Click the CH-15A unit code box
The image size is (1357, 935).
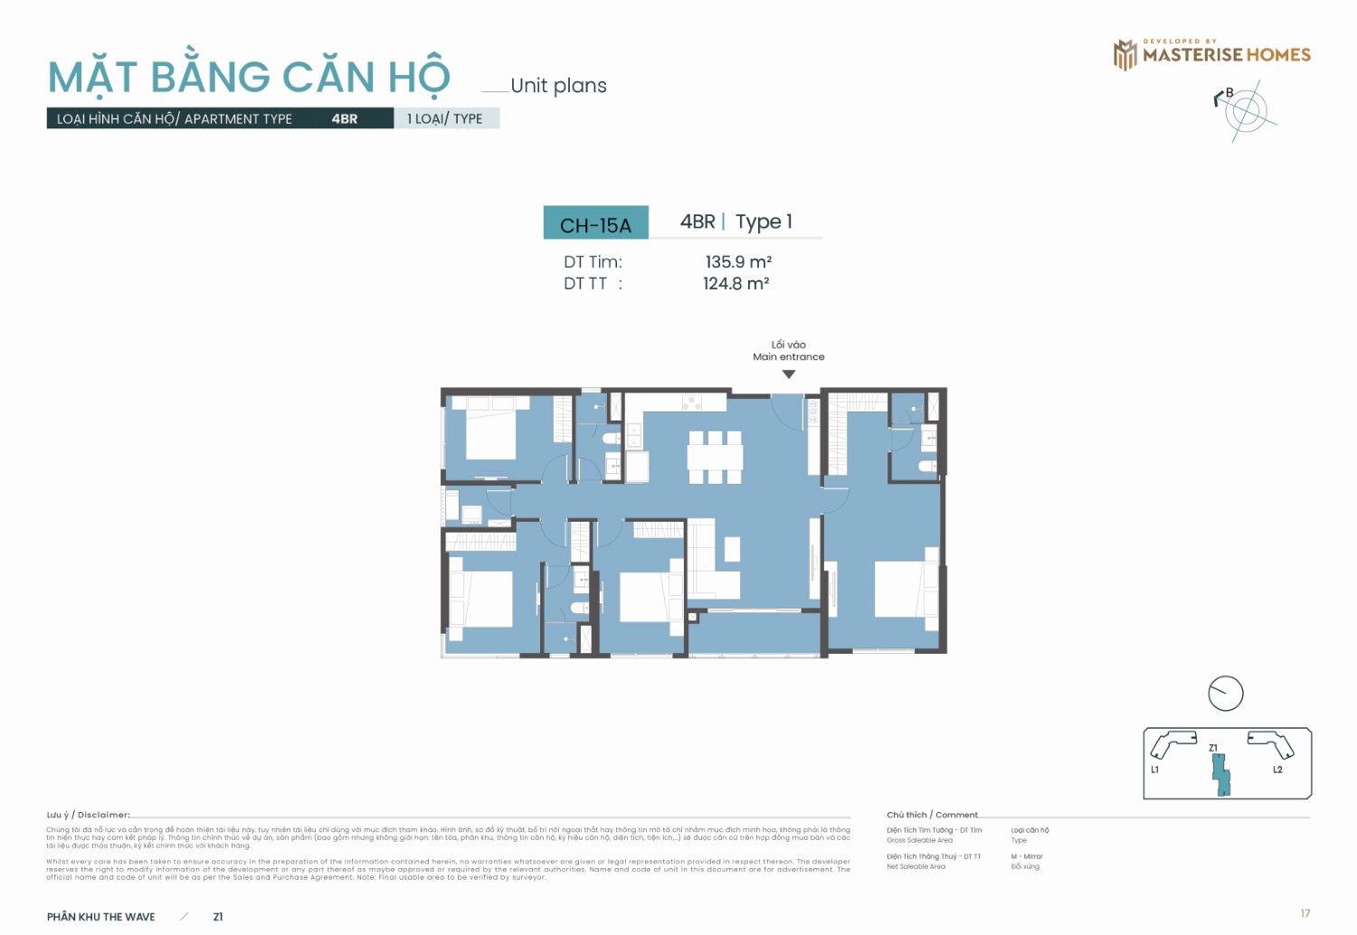point(595,223)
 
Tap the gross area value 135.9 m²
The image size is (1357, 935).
point(738,261)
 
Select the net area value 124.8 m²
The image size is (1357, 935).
point(736,284)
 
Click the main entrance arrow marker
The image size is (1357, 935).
point(789,374)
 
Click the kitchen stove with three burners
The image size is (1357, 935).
point(693,401)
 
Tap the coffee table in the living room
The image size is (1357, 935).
point(732,549)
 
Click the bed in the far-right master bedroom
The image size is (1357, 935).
point(906,590)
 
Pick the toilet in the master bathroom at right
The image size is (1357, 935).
point(927,467)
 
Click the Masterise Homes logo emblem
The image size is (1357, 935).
point(1125,55)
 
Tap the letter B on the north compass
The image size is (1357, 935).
point(1229,93)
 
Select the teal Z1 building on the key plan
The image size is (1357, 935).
point(1220,774)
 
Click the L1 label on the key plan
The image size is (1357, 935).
point(1154,770)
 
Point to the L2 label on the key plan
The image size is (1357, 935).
point(1277,770)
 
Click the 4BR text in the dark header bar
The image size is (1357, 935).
point(344,118)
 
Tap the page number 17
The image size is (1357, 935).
point(1305,913)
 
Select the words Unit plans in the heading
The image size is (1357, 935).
point(558,86)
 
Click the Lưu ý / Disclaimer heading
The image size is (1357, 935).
point(89,815)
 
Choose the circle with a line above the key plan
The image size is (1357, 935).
point(1226,694)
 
